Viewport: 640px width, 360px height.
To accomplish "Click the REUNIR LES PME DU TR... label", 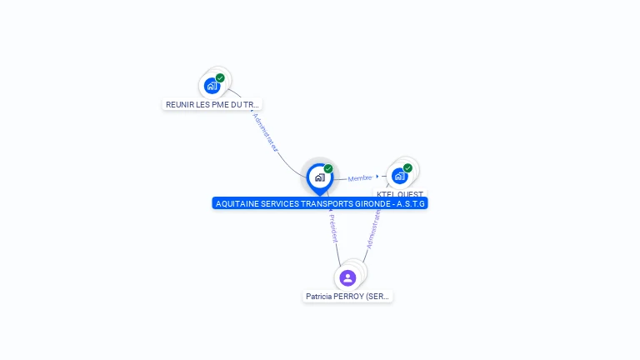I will [212, 104].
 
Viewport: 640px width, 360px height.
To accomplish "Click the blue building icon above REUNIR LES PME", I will [212, 85].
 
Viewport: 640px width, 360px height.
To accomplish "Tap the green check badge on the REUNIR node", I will [220, 78].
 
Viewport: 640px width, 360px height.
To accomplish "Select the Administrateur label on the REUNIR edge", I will [266, 131].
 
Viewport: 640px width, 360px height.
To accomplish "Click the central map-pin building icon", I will [319, 177].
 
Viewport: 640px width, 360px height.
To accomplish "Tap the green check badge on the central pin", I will [328, 169].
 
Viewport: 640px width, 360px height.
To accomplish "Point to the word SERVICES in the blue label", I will [281, 203].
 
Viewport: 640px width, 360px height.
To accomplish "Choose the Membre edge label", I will [360, 177].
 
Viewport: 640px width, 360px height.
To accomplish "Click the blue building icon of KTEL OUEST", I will [399, 176].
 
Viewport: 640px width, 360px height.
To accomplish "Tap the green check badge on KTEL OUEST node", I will [407, 168].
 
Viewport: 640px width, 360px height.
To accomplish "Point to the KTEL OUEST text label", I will [400, 194].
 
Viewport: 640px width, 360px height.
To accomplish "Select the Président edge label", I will [332, 227].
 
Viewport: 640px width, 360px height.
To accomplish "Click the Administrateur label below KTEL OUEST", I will [374, 229].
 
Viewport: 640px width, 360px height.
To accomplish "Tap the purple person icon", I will [347, 277].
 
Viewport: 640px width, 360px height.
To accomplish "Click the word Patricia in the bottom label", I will [319, 296].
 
